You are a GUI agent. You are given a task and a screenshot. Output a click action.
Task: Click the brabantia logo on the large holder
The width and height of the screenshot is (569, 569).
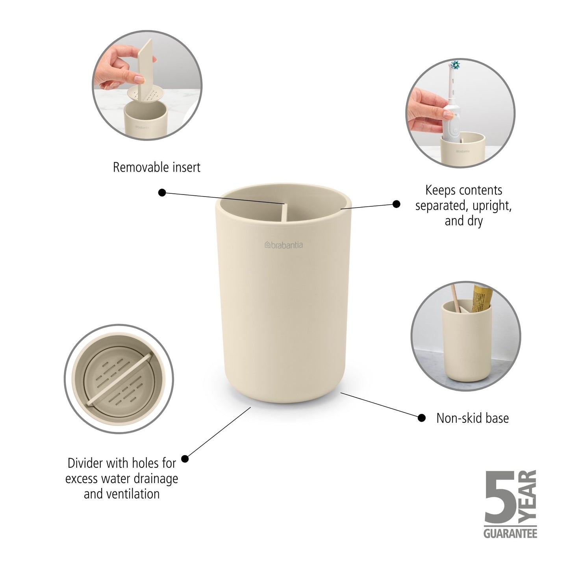point(284,245)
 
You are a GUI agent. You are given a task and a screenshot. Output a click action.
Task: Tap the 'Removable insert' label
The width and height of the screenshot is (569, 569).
point(156,167)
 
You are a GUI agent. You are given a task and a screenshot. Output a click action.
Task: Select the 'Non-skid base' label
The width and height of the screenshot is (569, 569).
point(472,418)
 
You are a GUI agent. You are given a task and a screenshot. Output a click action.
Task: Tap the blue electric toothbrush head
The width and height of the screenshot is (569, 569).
point(456,65)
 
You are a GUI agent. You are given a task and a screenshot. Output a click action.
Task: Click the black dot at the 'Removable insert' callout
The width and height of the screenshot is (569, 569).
point(162,193)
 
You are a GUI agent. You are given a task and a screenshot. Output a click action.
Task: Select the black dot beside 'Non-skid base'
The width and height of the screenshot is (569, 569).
point(421,418)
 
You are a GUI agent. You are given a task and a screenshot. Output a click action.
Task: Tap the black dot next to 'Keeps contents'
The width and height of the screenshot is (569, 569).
point(397,204)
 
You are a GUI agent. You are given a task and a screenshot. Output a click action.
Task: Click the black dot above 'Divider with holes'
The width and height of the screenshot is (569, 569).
point(185,459)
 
